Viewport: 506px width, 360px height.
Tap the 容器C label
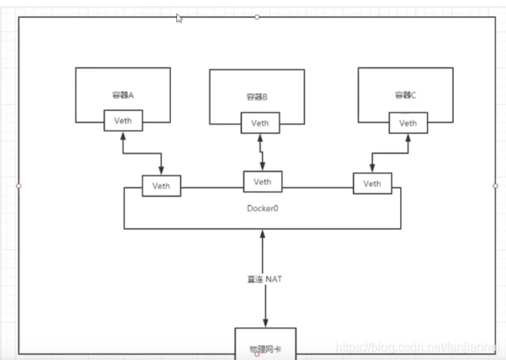tap(405, 95)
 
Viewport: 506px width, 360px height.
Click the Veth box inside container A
tap(123, 121)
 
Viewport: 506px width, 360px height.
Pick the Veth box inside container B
tap(260, 122)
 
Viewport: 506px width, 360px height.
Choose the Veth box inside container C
tap(408, 123)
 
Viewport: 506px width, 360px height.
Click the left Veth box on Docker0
tap(161, 186)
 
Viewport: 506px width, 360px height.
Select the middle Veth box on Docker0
tap(262, 182)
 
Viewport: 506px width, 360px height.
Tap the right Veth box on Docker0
tap(372, 183)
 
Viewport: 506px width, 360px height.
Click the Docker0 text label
tap(262, 208)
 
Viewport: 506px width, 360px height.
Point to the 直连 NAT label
tap(260, 280)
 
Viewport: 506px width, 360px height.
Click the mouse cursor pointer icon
tap(179, 18)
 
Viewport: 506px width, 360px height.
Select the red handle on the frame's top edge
tap(257, 17)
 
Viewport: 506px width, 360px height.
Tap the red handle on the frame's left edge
tap(18, 186)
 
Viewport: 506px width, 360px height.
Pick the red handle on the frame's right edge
tap(495, 185)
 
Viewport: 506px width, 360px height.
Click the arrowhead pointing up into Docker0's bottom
tap(262, 233)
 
